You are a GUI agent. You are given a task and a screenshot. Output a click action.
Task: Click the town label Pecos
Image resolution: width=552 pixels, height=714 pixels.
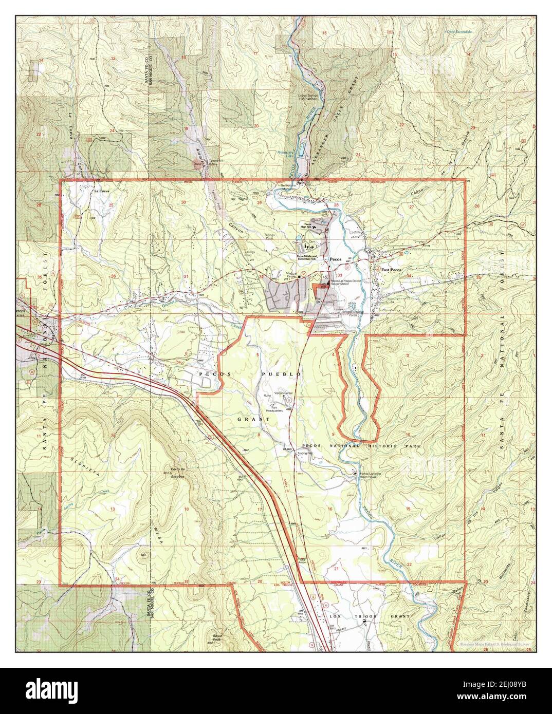point(336,259)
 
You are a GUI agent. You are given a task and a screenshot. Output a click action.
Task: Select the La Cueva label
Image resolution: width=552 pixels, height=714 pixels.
point(101,191)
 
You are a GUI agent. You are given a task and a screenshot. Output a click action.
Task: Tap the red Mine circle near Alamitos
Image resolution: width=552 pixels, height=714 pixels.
point(197,164)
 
